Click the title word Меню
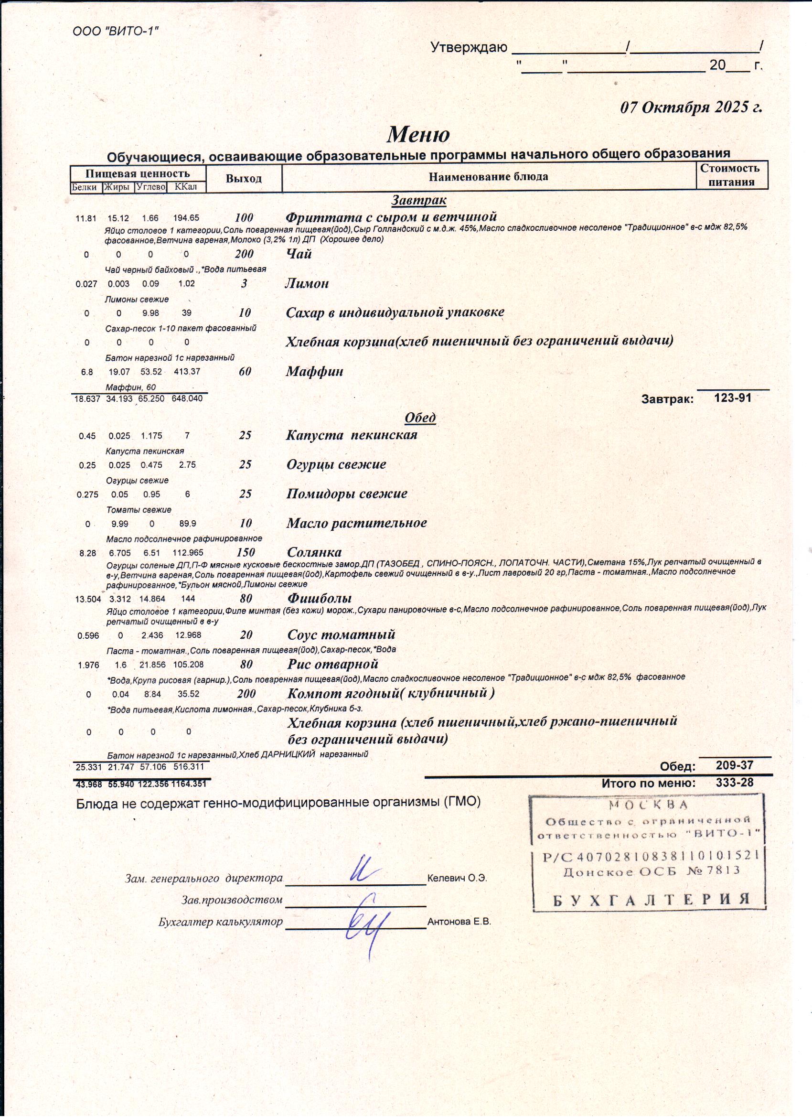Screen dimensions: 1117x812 coord(418,134)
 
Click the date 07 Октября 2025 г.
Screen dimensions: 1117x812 coord(691,107)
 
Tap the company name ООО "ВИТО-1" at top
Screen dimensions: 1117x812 coord(116,32)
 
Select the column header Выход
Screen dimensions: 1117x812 coord(244,179)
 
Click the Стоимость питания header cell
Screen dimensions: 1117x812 coord(731,175)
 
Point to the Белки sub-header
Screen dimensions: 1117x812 coord(85,187)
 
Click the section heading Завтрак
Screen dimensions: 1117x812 coord(419,200)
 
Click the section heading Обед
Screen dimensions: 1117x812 coord(420,418)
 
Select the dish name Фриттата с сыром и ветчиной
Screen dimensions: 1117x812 coord(392,217)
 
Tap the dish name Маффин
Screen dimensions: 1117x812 coord(315,371)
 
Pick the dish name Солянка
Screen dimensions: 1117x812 coord(314,552)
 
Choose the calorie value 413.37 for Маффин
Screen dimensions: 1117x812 coord(187,371)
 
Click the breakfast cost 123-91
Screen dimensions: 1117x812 coord(733,398)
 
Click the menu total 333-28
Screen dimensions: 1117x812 coord(735,783)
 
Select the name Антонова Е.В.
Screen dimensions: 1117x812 coord(459,922)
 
